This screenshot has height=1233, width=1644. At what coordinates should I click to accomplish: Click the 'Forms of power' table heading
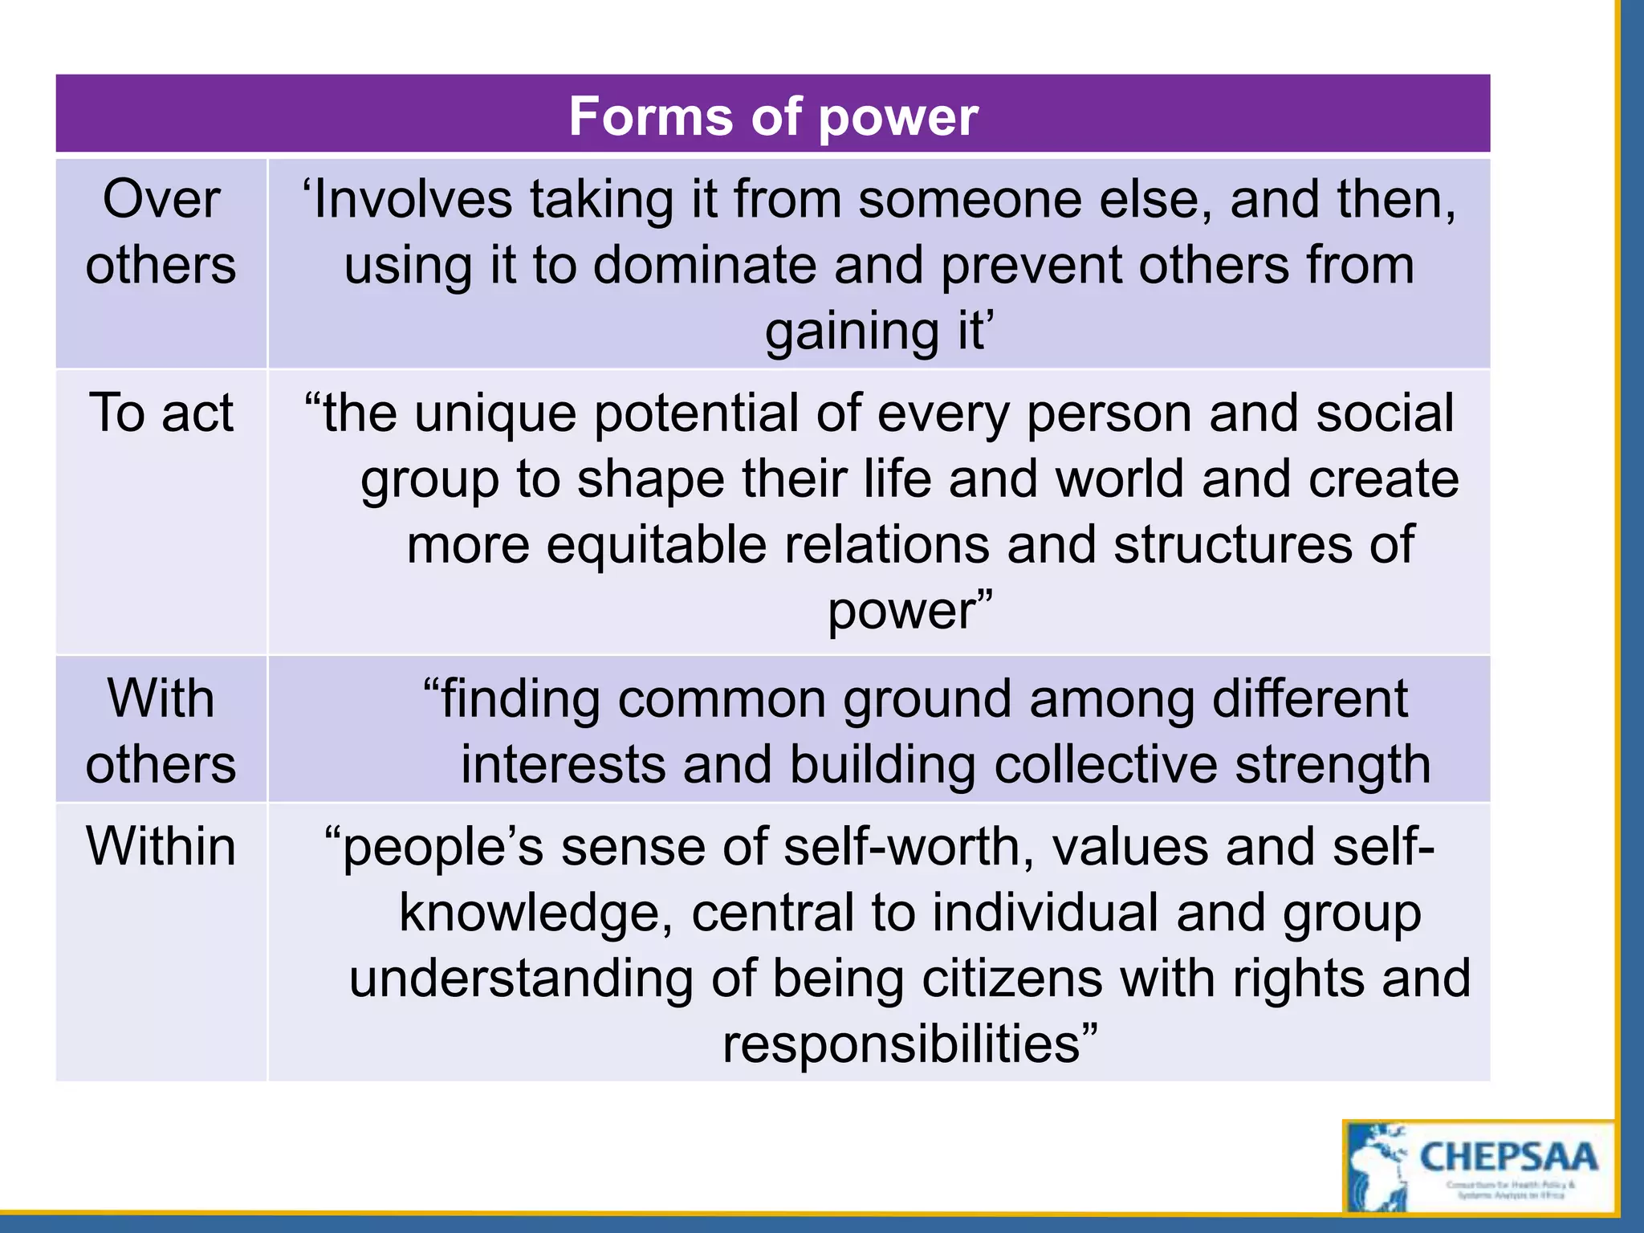[773, 116]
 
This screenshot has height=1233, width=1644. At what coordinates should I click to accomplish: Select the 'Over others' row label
[161, 232]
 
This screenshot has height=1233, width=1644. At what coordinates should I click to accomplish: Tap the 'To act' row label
[161, 413]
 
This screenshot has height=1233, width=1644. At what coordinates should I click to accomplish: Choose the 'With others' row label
[161, 730]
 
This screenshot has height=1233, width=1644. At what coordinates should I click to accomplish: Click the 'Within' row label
[161, 846]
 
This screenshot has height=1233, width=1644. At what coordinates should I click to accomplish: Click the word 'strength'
[1333, 764]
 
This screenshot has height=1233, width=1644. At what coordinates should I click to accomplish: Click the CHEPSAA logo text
[1508, 1157]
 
